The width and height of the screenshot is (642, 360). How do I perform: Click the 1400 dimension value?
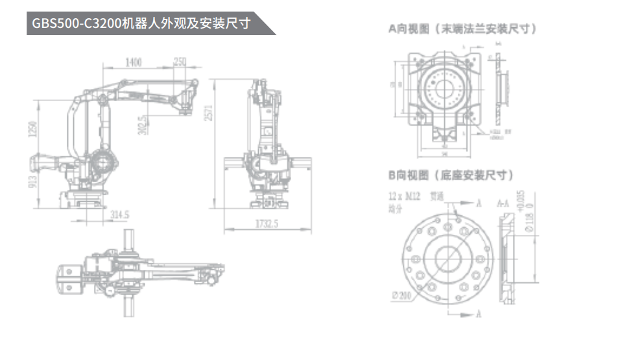[134, 62]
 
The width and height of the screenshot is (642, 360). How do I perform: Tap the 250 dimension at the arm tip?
[180, 62]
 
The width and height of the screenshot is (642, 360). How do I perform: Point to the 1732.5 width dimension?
[267, 224]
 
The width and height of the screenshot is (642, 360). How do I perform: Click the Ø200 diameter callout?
[403, 296]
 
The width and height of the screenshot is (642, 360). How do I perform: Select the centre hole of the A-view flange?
[445, 88]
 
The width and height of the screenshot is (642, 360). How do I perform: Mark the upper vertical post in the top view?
[130, 241]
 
